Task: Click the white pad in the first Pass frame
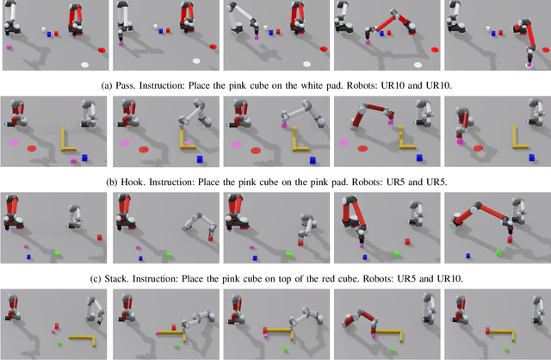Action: pyautogui.click(x=85, y=64)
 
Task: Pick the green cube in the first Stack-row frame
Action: pyautogui.click(x=57, y=253)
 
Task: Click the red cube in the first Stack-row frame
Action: pyautogui.click(x=100, y=237)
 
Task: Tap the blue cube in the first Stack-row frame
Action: pyautogui.click(x=28, y=257)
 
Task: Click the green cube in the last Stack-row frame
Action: pyautogui.click(x=498, y=252)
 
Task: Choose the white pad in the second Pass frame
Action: pyautogui.click(x=197, y=61)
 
